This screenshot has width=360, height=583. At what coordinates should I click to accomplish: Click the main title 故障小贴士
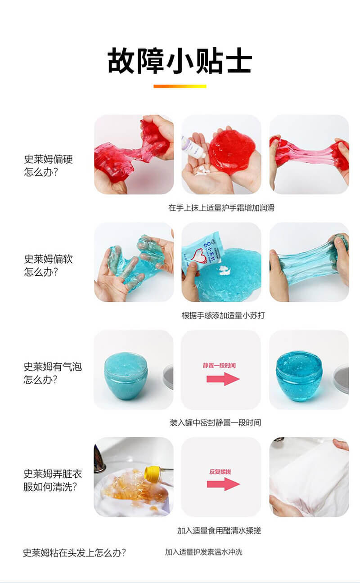[x=180, y=60]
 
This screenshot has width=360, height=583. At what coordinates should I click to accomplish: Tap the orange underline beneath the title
[x=180, y=86]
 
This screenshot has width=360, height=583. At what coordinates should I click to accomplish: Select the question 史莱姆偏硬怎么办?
[x=48, y=166]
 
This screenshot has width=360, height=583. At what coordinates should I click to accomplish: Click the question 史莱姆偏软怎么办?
[x=48, y=265]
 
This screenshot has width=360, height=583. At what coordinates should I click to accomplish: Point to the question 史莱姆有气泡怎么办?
[x=53, y=373]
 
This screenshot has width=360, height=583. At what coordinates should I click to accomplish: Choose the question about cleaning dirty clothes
[x=53, y=480]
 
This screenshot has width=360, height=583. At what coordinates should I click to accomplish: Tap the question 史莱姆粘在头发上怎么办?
[x=74, y=552]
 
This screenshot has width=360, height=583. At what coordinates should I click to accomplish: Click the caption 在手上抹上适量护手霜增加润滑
[x=221, y=208]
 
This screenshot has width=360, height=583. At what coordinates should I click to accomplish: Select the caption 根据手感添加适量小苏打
[x=223, y=315]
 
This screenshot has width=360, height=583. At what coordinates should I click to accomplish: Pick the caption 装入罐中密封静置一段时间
[x=215, y=422]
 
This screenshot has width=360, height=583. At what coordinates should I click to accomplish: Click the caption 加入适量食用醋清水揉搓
[x=219, y=530]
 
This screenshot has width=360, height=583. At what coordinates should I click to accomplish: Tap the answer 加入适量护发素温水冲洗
[x=204, y=552]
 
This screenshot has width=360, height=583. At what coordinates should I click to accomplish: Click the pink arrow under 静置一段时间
[x=223, y=379]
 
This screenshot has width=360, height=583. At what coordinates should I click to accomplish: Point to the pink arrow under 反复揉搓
[x=223, y=484]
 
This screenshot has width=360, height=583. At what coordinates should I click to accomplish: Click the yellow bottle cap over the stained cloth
[x=152, y=472]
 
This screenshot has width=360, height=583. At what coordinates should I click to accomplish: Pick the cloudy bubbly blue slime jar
[x=126, y=376]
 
